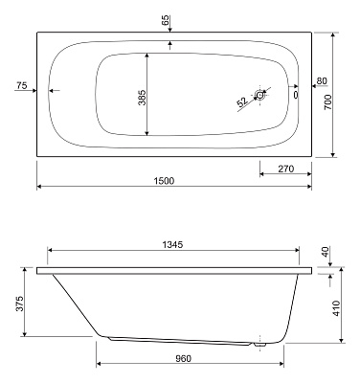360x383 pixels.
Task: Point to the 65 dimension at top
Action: point(166,18)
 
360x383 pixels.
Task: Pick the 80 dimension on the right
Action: point(322,80)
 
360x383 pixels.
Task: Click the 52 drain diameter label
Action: point(241,101)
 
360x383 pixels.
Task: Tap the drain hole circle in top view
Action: point(259,94)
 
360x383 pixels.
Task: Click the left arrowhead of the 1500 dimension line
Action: point(40,188)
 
